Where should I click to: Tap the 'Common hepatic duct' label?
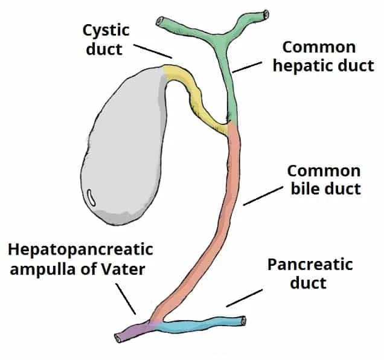point(323,56)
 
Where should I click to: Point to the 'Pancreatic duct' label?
point(310,273)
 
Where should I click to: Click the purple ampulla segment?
point(136,330)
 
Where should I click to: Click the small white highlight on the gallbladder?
point(91,196)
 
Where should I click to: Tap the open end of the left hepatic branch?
point(161,21)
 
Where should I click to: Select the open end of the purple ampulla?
point(119,336)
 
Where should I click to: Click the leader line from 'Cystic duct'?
point(153,50)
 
